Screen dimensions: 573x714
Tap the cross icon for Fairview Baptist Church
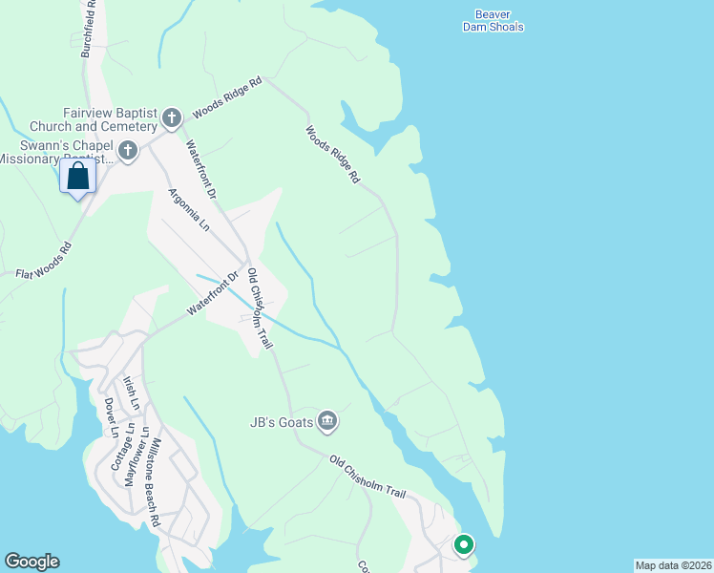point(172,118)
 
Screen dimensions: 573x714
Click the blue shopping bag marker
point(77,178)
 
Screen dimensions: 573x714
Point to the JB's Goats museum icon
point(326,419)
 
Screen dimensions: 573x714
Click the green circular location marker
point(464,545)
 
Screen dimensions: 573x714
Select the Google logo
point(31,562)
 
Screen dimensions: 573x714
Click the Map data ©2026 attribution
point(673,565)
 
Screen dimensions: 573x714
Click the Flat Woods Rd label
point(44,263)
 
